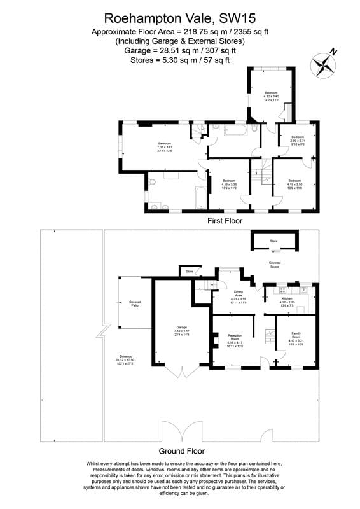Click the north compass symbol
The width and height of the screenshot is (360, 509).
324,64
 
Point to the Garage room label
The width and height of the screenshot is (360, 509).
180,330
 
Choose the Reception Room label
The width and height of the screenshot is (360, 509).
235,340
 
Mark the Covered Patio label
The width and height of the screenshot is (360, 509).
135,303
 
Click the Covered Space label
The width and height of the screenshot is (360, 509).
275,263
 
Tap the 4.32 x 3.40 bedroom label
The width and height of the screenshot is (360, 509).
271,97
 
